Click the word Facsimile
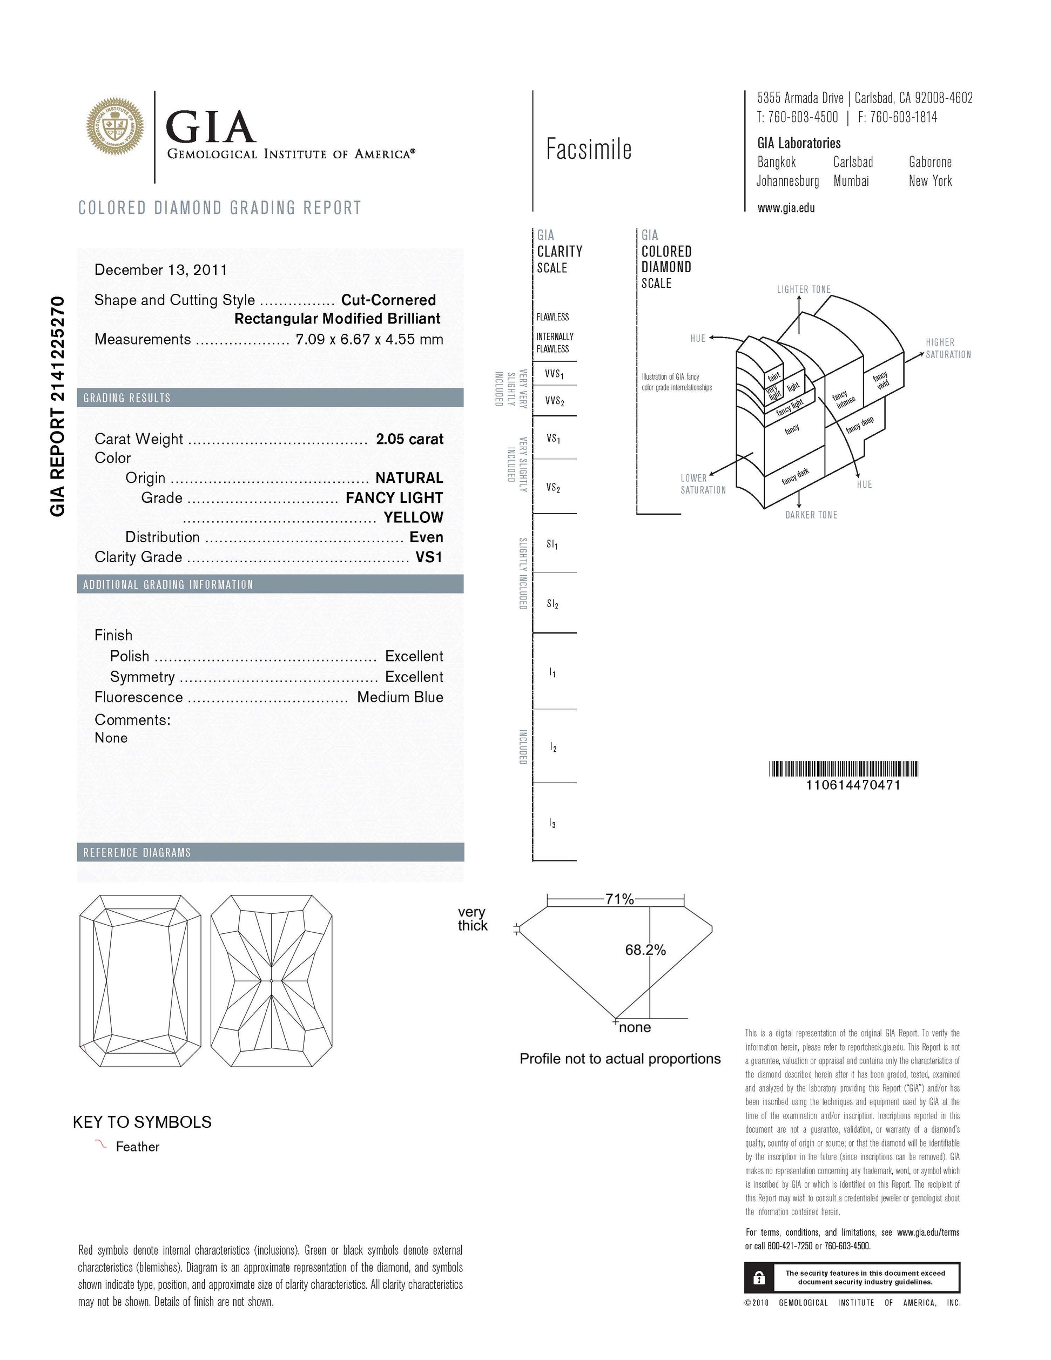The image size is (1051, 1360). tap(588, 150)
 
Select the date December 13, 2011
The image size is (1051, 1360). tap(160, 270)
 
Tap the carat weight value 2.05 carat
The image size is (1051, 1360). tap(409, 439)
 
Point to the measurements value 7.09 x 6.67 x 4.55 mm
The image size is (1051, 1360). tap(369, 339)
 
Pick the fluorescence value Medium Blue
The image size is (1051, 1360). tap(400, 697)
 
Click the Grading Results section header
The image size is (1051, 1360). tap(127, 398)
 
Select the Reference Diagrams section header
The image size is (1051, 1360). tap(137, 852)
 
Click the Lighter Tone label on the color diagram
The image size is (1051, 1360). tap(803, 289)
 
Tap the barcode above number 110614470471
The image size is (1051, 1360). tap(844, 769)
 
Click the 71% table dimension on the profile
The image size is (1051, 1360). tap(619, 899)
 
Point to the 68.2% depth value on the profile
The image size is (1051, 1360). tap(645, 950)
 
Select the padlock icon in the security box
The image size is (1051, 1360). tap(758, 1278)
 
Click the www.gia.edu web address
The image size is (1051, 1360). tap(786, 208)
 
